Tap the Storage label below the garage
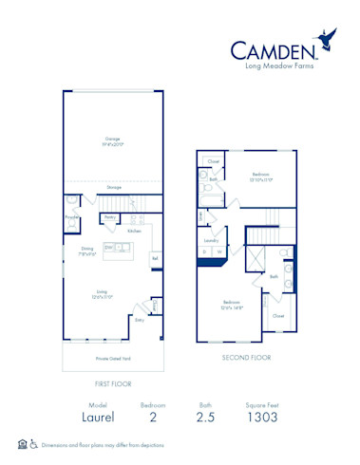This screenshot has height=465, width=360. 114,187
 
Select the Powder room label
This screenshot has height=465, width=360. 70,215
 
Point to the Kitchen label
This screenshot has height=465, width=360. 135,231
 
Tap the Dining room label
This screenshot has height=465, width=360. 85,251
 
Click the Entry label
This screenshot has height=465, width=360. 140,321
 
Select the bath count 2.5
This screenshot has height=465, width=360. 206,416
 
